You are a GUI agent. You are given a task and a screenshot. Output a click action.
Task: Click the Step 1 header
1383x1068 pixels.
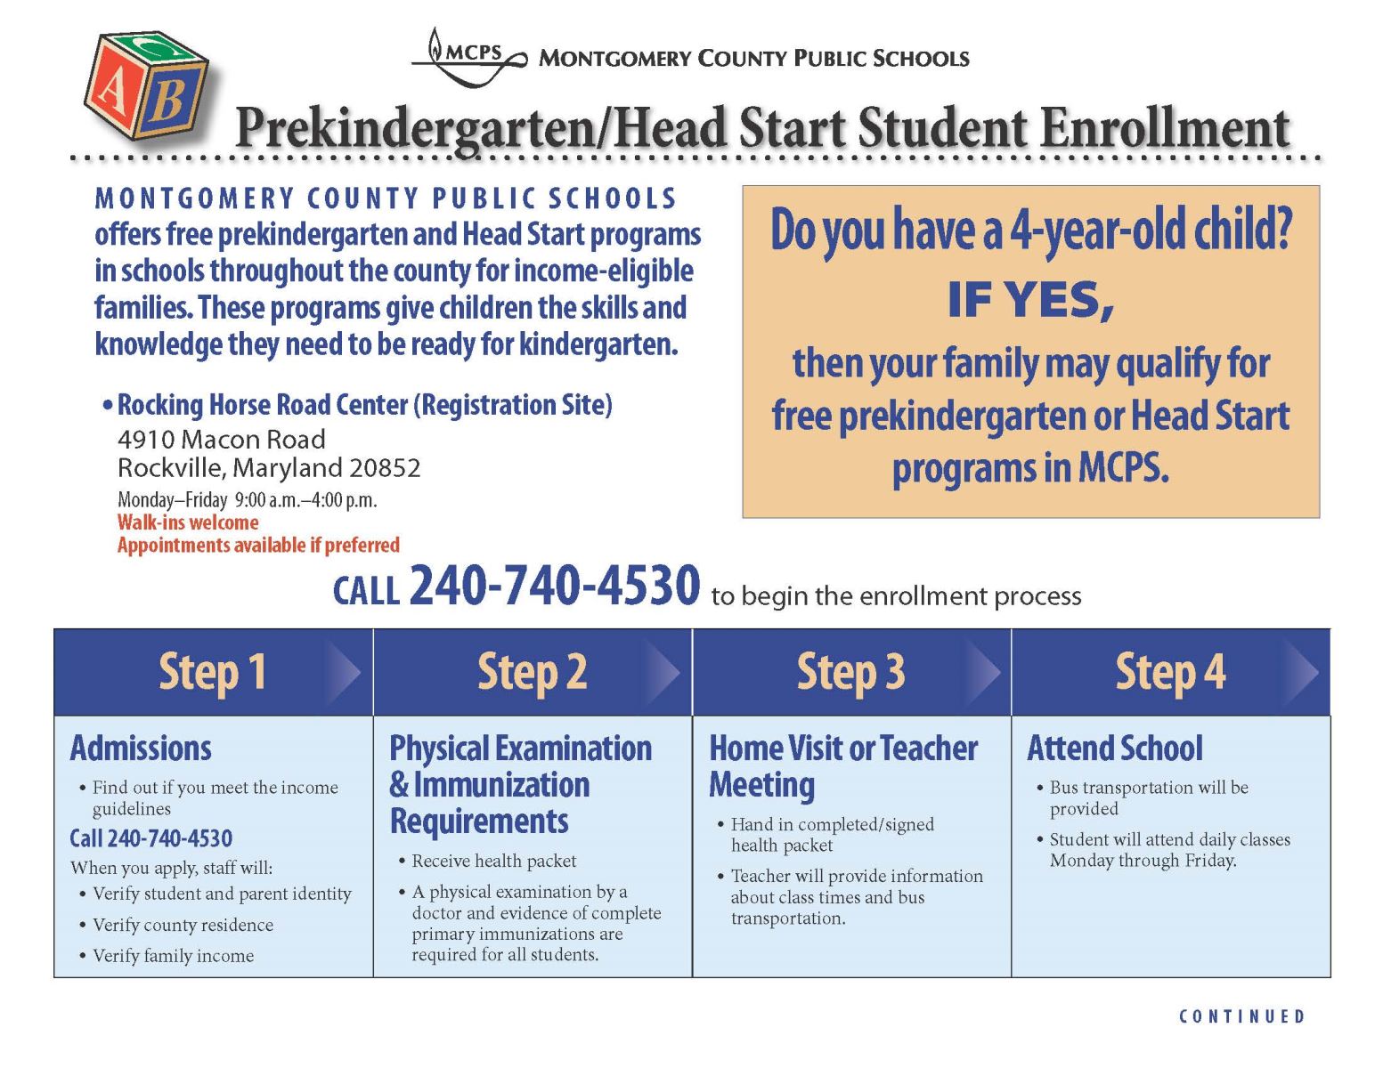[x=213, y=672]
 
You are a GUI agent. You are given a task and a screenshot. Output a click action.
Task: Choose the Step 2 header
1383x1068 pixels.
[x=532, y=672]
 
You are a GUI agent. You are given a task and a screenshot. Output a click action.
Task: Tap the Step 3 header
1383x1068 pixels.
[x=850, y=672]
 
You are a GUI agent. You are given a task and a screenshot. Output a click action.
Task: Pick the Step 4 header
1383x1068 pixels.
[x=1170, y=672]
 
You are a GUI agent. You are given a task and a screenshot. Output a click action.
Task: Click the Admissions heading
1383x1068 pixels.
[x=141, y=748]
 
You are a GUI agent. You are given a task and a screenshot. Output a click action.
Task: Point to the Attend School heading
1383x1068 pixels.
[x=1115, y=748]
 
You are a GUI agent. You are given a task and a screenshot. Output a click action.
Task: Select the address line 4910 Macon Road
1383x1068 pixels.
[x=222, y=440]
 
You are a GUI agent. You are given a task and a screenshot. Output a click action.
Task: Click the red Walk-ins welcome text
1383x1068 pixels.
[x=188, y=522]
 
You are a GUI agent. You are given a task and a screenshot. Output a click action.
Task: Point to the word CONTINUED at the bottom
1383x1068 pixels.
[x=1241, y=1016]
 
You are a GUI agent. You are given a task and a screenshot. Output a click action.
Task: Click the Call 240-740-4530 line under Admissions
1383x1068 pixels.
[x=151, y=838]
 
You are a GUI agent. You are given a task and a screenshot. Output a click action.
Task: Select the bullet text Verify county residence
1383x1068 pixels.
[x=183, y=925]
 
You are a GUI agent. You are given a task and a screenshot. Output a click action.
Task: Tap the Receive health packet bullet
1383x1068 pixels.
[x=493, y=861]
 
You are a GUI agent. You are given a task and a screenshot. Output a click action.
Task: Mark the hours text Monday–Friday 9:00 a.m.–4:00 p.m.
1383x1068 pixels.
[x=248, y=500]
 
